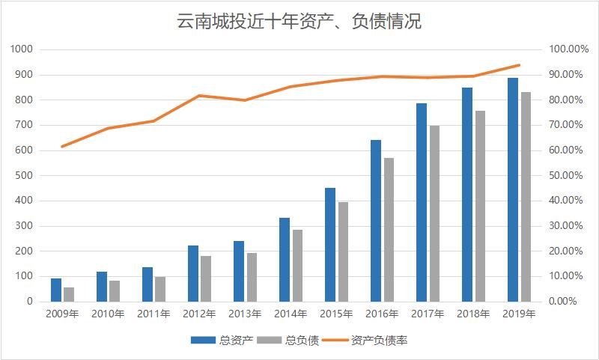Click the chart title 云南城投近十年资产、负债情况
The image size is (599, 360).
click(x=299, y=22)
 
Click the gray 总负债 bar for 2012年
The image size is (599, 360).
click(x=206, y=278)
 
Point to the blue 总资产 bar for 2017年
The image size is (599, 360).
click(x=422, y=202)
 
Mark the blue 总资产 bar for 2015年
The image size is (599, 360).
click(x=330, y=245)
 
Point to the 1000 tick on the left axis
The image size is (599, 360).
click(x=22, y=49)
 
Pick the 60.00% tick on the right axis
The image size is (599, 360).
click(x=568, y=150)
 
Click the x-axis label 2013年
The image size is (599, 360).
click(x=245, y=314)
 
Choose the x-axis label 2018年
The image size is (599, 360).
click(x=473, y=314)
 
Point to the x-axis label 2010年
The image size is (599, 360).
click(x=108, y=314)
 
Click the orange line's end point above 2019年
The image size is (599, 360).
click(x=519, y=65)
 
